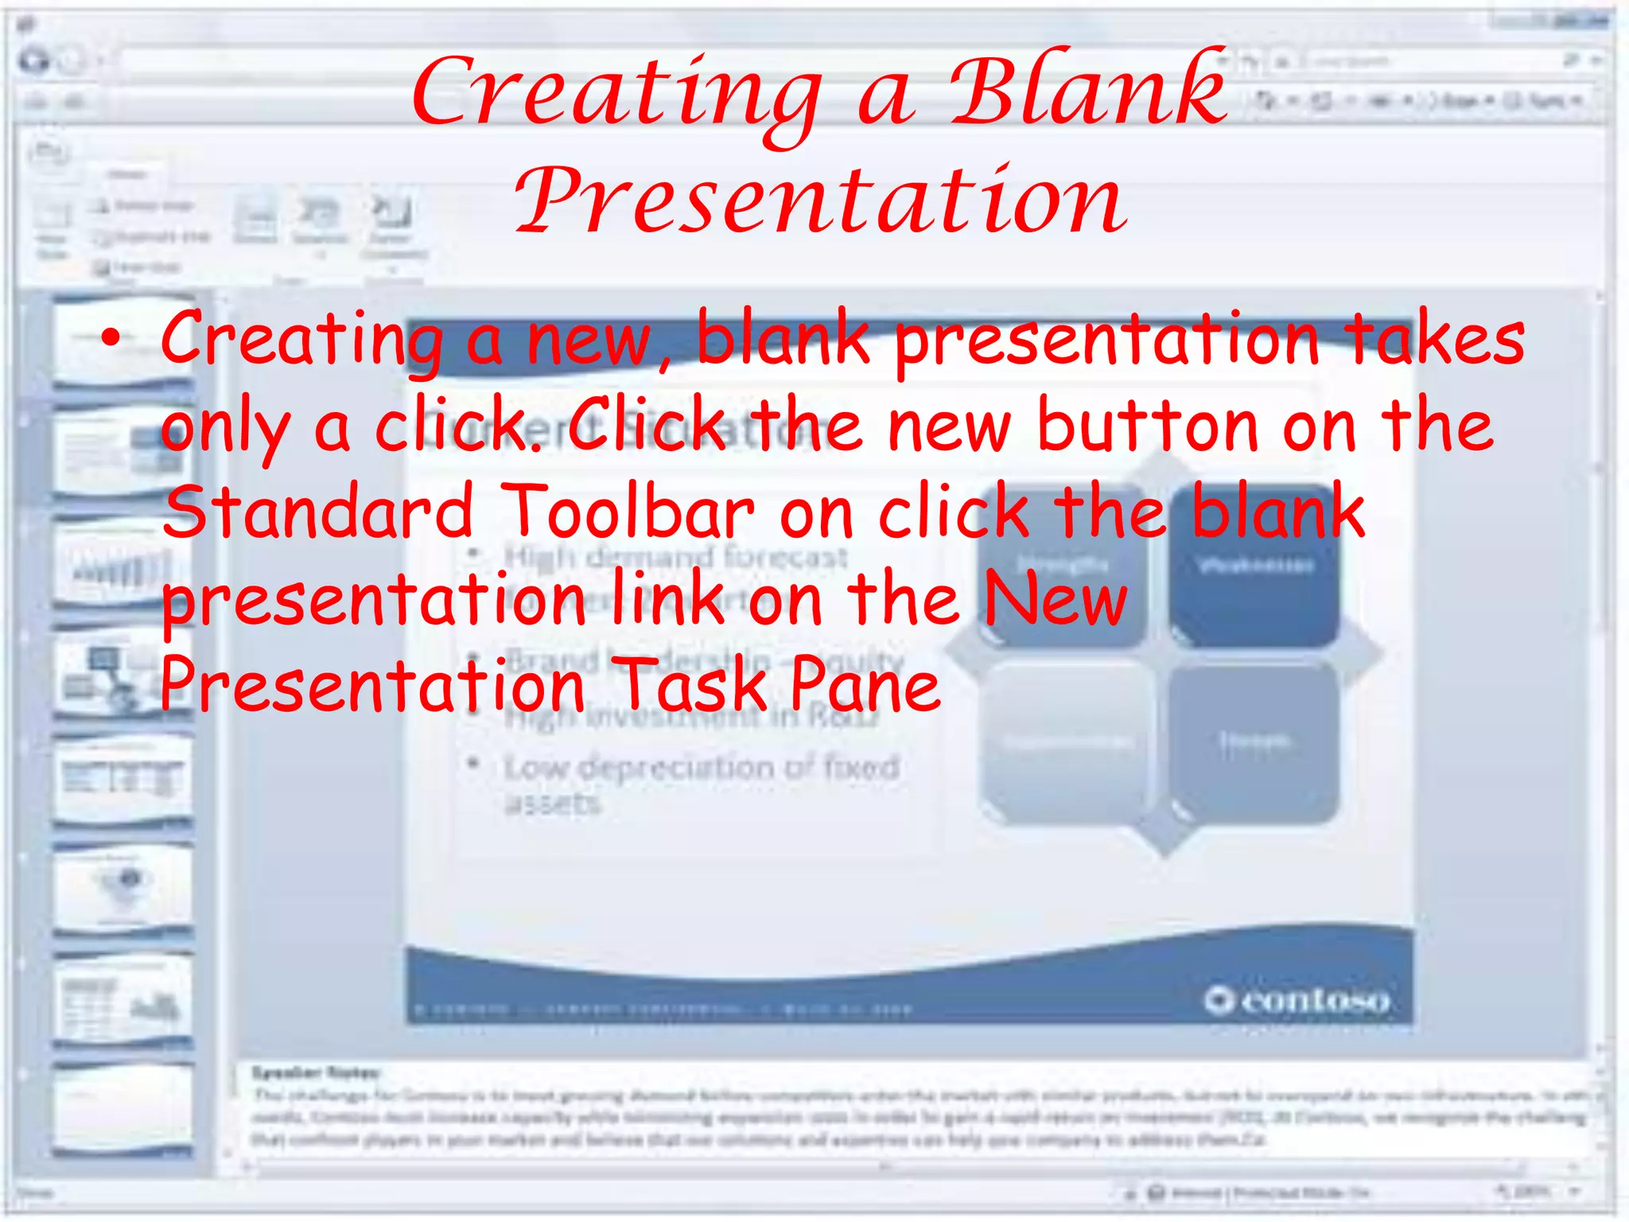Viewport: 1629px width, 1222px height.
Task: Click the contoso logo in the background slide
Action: (x=1297, y=1000)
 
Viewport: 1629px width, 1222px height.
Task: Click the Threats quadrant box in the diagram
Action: (x=1255, y=741)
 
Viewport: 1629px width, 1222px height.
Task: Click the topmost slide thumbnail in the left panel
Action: (x=123, y=341)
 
